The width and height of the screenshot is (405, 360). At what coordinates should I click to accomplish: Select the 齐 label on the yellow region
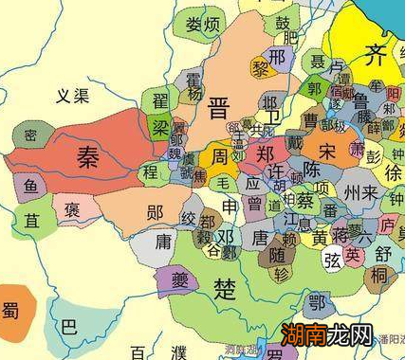tap(377, 54)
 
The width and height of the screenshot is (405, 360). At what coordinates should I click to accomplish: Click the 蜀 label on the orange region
tap(10, 309)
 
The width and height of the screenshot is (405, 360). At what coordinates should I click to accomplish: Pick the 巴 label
tap(68, 327)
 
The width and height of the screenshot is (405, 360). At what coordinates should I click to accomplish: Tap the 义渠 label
tap(71, 95)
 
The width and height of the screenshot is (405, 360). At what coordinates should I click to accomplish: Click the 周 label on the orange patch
tap(219, 155)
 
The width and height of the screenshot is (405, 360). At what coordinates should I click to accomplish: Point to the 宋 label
tap(327, 153)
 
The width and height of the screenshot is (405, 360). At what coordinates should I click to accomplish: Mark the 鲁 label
tap(348, 101)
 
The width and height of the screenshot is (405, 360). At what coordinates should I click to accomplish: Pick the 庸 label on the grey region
tap(163, 243)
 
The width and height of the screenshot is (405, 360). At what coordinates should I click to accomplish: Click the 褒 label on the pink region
tap(72, 208)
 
